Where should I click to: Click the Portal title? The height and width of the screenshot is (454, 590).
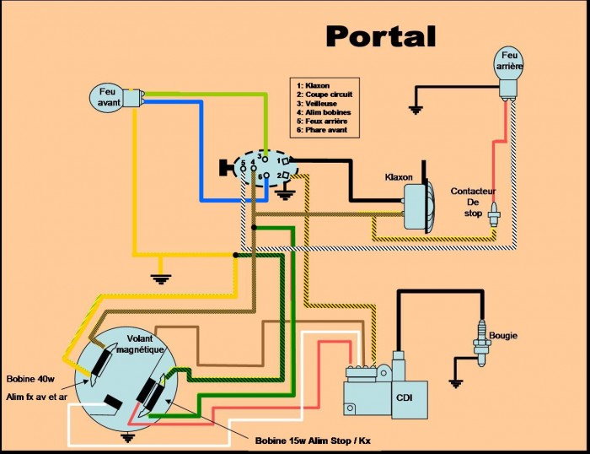pyautogui.click(x=381, y=36)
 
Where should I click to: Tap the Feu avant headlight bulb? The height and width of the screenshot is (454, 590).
pyautogui.click(x=114, y=97)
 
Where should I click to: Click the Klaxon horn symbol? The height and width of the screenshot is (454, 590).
pyautogui.click(x=418, y=203)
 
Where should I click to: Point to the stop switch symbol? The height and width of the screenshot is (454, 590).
pyautogui.click(x=494, y=214)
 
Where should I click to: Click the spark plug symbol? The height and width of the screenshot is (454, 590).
pyautogui.click(x=481, y=343)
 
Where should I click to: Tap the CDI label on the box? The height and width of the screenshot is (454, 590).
pyautogui.click(x=404, y=397)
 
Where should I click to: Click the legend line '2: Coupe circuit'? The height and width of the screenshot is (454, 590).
pyautogui.click(x=324, y=95)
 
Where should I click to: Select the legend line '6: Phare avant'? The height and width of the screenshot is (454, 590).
pyautogui.click(x=322, y=130)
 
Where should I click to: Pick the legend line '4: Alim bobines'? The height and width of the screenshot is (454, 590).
pyautogui.click(x=324, y=112)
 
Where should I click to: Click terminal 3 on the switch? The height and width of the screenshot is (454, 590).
pyautogui.click(x=265, y=159)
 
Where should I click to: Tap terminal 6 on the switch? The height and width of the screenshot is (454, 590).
pyautogui.click(x=266, y=176)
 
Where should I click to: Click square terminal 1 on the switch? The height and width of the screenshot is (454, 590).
pyautogui.click(x=286, y=161)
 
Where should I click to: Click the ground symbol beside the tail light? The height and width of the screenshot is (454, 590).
pyautogui.click(x=416, y=110)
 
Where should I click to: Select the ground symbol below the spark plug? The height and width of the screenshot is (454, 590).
pyautogui.click(x=455, y=384)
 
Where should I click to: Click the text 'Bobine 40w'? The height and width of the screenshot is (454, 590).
pyautogui.click(x=30, y=379)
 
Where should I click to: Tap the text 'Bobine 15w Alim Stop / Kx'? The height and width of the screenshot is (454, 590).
pyautogui.click(x=313, y=440)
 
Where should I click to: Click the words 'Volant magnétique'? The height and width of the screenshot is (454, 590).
pyautogui.click(x=140, y=344)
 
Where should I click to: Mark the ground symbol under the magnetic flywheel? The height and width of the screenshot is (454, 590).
pyautogui.click(x=128, y=438)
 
